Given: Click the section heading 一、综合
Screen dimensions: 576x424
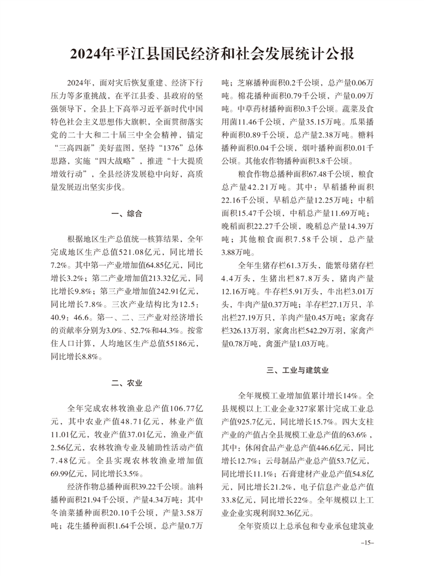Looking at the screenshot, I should [127, 214].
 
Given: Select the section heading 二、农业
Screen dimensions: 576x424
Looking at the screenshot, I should [127, 382].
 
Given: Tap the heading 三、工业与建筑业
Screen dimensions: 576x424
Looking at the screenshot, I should [297, 370].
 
